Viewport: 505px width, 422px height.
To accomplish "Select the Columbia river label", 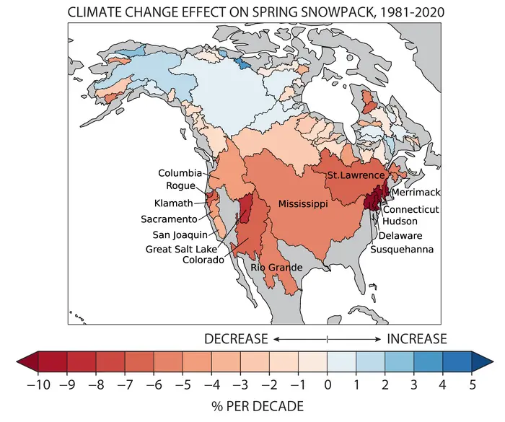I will tap(180, 173).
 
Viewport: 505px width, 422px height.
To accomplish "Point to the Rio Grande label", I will tap(276, 268).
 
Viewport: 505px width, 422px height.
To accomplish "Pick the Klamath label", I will tap(173, 203).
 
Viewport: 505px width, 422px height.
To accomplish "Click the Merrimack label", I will tap(416, 193).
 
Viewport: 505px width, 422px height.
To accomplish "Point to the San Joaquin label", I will tap(180, 234).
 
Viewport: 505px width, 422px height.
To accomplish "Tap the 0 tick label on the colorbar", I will tap(327, 382).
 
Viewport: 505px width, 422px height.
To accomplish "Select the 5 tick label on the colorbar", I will tap(471, 382).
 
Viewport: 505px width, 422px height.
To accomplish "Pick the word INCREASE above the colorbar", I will tap(417, 338).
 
